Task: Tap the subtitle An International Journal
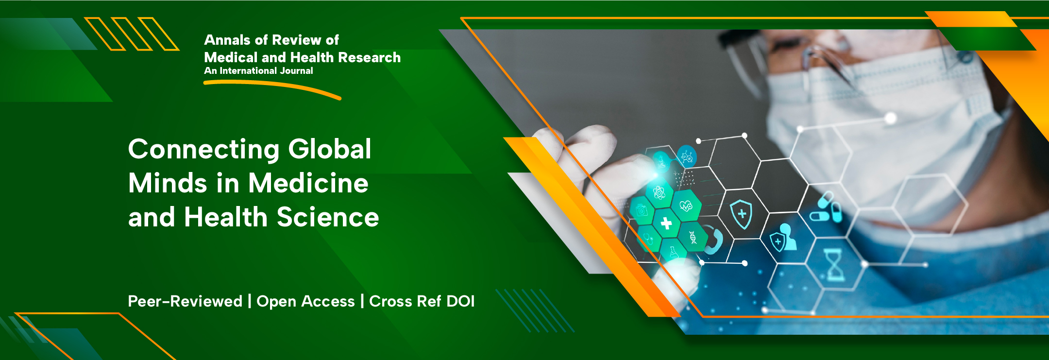(x=258, y=71)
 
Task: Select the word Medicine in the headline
(x=308, y=183)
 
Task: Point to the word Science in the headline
(x=328, y=217)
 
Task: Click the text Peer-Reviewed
(x=185, y=301)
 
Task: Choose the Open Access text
(x=305, y=302)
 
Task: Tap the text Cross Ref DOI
(x=422, y=301)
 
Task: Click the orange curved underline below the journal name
(x=272, y=87)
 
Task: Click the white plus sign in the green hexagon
(x=666, y=223)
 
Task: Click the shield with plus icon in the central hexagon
(x=742, y=214)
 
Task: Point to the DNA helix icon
(x=693, y=237)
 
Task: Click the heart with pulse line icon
(x=686, y=206)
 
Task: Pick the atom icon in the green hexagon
(x=659, y=193)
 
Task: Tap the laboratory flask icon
(x=674, y=252)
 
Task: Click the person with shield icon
(x=782, y=238)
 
